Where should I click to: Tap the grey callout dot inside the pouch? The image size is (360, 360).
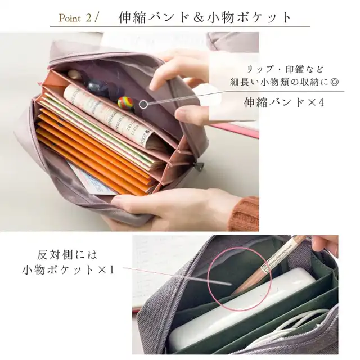click(143, 105)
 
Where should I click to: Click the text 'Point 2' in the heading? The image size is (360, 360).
click(75, 18)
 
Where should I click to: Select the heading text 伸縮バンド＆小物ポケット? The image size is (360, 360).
click(204, 17)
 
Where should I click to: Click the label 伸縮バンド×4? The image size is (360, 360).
click(284, 102)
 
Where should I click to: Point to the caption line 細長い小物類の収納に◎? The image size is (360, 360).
click(284, 82)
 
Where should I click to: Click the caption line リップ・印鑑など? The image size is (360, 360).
click(285, 69)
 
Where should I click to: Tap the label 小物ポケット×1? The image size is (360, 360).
click(68, 270)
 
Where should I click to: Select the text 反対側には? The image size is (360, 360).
click(67, 255)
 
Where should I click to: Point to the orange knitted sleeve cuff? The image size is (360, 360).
click(245, 214)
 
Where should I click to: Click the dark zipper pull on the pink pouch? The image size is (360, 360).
click(199, 166)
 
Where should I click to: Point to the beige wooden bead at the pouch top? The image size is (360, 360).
click(74, 74)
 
